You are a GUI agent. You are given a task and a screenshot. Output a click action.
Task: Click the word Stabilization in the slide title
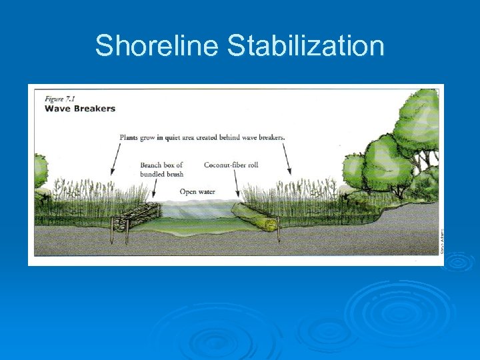click(305, 47)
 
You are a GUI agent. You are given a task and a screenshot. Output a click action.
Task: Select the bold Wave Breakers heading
click(79, 108)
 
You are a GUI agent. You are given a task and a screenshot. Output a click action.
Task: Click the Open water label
click(197, 192)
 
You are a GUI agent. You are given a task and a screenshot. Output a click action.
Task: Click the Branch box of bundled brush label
click(161, 169)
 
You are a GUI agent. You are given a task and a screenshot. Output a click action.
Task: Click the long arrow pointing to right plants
click(288, 159)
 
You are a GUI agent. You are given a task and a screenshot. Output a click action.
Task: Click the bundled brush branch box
click(137, 218)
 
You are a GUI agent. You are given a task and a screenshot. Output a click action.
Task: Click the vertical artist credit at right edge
click(441, 241)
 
